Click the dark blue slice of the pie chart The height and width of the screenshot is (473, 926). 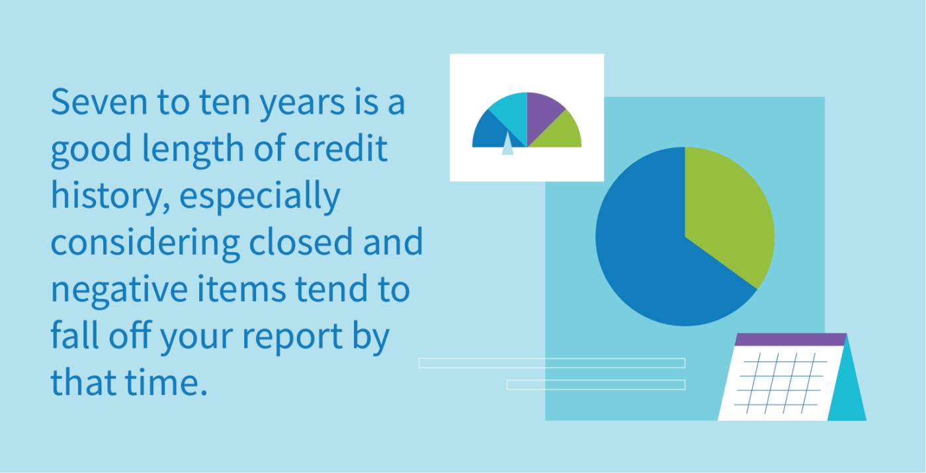point(655,258)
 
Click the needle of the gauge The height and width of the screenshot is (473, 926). point(507,144)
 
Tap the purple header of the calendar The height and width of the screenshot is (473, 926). point(790,339)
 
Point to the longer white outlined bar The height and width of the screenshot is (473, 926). point(552,363)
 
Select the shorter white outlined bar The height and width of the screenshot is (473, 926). point(595,384)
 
